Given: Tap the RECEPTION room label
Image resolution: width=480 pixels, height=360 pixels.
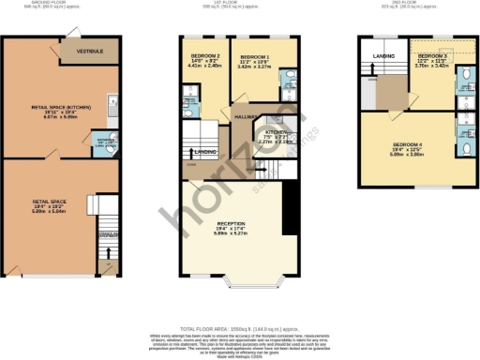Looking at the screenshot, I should click(x=230, y=222).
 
